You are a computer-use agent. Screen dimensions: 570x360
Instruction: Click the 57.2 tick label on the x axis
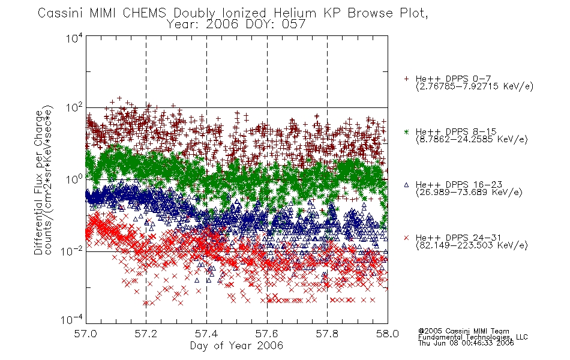pyautogui.click(x=146, y=334)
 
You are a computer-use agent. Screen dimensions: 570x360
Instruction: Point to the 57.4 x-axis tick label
pyautogui.click(x=206, y=334)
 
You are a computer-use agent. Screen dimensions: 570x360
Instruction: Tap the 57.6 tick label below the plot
pyautogui.click(x=267, y=334)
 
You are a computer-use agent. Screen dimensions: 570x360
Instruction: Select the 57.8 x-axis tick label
pyautogui.click(x=327, y=334)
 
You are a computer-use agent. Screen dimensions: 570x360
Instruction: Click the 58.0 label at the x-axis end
pyautogui.click(x=388, y=334)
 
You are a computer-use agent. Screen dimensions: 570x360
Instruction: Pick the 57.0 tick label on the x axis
pyautogui.click(x=85, y=334)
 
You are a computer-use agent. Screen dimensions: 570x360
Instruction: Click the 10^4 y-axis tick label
pyautogui.click(x=74, y=38)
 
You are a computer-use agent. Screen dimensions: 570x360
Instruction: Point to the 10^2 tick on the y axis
pyautogui.click(x=74, y=108)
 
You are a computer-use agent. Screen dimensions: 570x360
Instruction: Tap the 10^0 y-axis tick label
pyautogui.click(x=74, y=179)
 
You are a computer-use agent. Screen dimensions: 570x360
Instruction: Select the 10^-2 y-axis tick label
pyautogui.click(x=72, y=251)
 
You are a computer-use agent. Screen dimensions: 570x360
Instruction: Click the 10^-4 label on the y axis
pyautogui.click(x=72, y=319)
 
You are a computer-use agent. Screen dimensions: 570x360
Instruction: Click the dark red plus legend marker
pyautogui.click(x=406, y=79)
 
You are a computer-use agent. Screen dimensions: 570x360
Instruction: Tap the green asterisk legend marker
pyautogui.click(x=406, y=131)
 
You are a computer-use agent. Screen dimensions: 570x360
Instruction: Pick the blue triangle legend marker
pyautogui.click(x=406, y=185)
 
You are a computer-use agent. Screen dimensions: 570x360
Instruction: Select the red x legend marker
pyautogui.click(x=406, y=238)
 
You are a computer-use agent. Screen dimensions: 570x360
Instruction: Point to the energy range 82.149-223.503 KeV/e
pyautogui.click(x=472, y=245)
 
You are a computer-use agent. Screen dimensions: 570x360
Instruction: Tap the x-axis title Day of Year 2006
pyautogui.click(x=236, y=346)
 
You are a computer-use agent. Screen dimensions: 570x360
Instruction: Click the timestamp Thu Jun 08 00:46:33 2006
pyautogui.click(x=466, y=343)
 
